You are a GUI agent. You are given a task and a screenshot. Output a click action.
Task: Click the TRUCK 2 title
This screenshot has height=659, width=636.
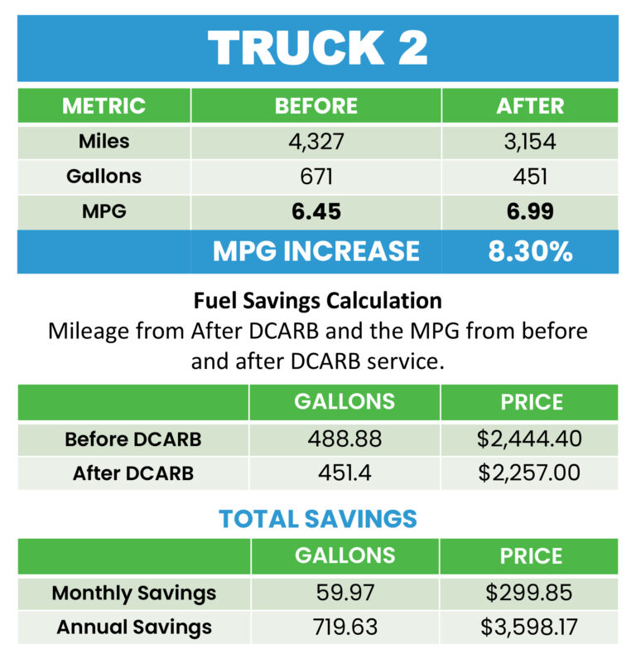[x=318, y=48]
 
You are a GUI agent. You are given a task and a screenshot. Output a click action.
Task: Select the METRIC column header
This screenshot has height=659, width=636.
[x=104, y=106]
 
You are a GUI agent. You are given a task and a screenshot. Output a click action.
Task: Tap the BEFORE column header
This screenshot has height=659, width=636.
[x=316, y=106]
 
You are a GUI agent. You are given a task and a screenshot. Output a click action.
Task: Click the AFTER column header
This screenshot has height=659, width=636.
[x=530, y=106]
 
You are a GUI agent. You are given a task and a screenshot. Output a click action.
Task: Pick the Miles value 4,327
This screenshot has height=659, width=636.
[x=316, y=142]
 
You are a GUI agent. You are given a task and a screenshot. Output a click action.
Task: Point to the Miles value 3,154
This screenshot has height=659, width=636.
[x=530, y=142]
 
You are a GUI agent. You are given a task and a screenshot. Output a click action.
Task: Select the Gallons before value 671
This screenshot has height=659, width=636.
[x=316, y=177]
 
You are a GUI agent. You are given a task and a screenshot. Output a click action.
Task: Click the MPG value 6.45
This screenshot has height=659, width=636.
[x=316, y=212]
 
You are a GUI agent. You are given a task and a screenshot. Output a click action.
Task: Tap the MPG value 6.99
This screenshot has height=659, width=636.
[x=530, y=212]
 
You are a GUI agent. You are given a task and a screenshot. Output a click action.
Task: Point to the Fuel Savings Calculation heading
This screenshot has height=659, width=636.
[x=318, y=299]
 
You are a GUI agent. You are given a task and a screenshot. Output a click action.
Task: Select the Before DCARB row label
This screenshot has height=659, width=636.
[x=132, y=439]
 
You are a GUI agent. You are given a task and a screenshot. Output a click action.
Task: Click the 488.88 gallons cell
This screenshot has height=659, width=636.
[x=344, y=439]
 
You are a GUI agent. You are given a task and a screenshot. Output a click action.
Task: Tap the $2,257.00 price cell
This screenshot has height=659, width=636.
[x=529, y=473]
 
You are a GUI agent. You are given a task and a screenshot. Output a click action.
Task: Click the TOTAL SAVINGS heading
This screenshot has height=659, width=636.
[x=318, y=519]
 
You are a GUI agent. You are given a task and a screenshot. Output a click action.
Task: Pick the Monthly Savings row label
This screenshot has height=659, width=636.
[x=133, y=593]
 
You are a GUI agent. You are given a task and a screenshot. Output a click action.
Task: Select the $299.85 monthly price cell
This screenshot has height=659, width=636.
[x=529, y=593]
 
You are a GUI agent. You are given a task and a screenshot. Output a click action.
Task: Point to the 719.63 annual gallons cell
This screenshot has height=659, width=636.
[x=344, y=628]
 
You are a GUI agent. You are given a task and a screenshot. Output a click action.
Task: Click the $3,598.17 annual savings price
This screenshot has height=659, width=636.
[x=529, y=628]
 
